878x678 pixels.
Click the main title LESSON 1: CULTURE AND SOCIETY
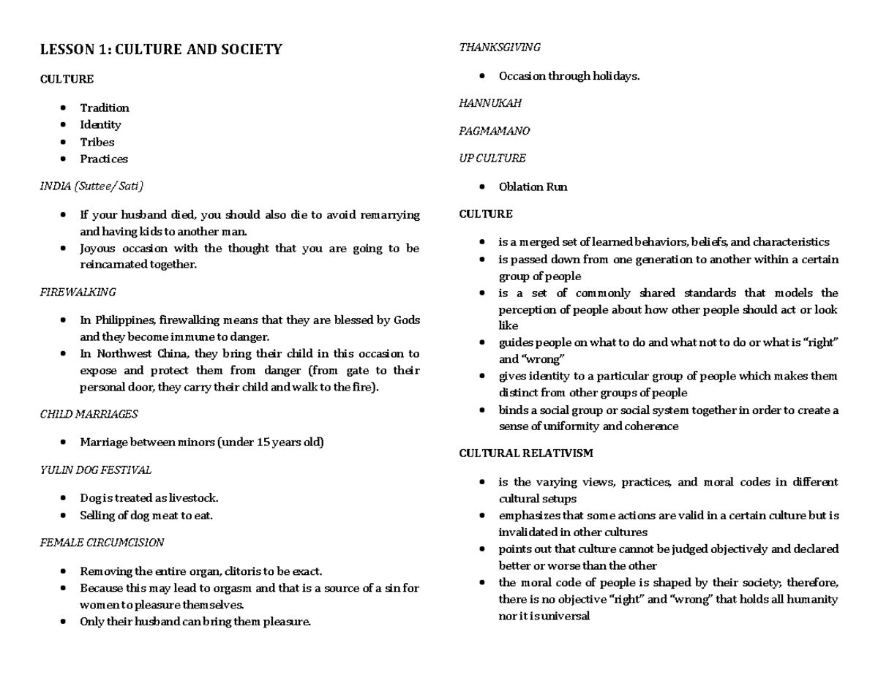160,50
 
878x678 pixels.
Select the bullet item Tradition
105,108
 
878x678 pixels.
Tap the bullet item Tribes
97,142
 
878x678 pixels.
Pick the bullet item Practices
104,159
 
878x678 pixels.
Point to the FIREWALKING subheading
78,292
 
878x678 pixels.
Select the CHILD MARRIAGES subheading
89,414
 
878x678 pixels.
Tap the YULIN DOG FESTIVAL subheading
95,470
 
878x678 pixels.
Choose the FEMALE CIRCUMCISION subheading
102,543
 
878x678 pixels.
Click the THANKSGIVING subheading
499,48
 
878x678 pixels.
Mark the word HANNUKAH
490,103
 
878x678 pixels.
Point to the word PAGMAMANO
494,131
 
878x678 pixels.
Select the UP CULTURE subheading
492,158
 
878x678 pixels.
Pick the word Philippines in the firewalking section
123,320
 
